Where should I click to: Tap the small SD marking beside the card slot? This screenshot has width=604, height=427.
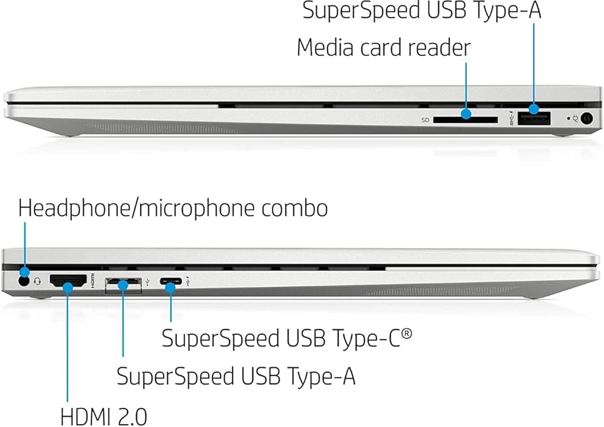point(425,120)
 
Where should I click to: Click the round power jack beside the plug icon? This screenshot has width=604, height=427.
point(586,119)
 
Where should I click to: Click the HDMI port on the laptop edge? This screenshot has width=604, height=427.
point(67,281)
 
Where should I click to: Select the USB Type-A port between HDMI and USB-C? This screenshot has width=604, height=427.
point(123,283)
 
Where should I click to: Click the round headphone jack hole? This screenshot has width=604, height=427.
point(24,280)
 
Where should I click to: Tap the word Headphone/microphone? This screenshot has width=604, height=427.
point(136,208)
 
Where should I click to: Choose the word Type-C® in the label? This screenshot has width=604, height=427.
point(379,337)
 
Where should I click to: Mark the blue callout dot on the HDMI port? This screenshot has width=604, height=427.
point(68,287)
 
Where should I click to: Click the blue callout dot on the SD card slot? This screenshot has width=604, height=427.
point(466,113)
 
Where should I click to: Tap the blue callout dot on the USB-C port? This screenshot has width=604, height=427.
point(171,287)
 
